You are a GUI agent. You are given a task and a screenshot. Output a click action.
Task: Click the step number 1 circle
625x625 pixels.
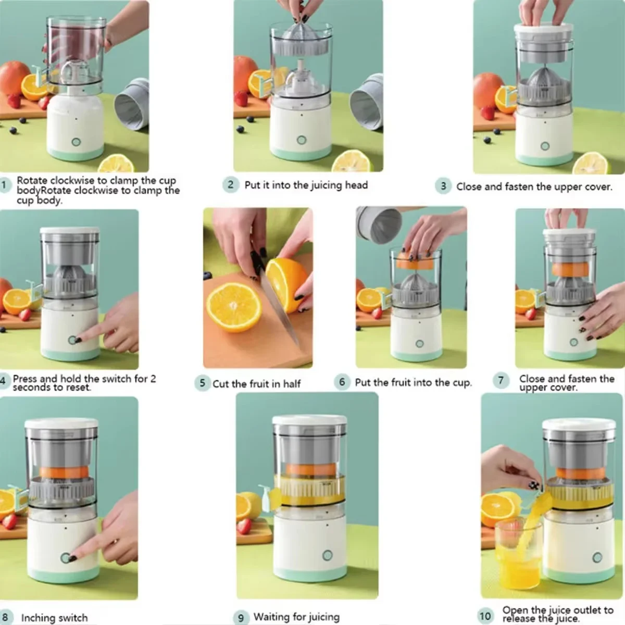[5, 185]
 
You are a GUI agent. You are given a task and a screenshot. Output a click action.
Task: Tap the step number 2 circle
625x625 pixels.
[231, 185]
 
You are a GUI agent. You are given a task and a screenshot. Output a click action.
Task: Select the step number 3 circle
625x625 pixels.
[443, 186]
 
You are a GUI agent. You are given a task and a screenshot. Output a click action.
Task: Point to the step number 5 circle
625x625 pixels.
[202, 383]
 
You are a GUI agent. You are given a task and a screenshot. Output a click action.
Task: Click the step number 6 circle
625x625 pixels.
[342, 382]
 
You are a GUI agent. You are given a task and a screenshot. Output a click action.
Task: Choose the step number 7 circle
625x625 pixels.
[501, 380]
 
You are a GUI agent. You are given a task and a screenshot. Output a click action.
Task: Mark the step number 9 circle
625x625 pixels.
[241, 618]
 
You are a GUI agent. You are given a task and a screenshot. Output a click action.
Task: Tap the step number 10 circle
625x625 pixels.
[485, 616]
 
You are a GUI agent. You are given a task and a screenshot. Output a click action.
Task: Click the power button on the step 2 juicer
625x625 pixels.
[302, 140]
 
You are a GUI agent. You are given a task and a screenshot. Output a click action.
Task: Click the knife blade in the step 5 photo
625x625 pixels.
[281, 307]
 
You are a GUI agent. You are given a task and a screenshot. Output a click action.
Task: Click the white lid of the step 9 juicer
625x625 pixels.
[310, 420]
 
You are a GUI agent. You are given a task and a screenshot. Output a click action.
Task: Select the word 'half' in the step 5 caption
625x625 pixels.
[292, 384]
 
